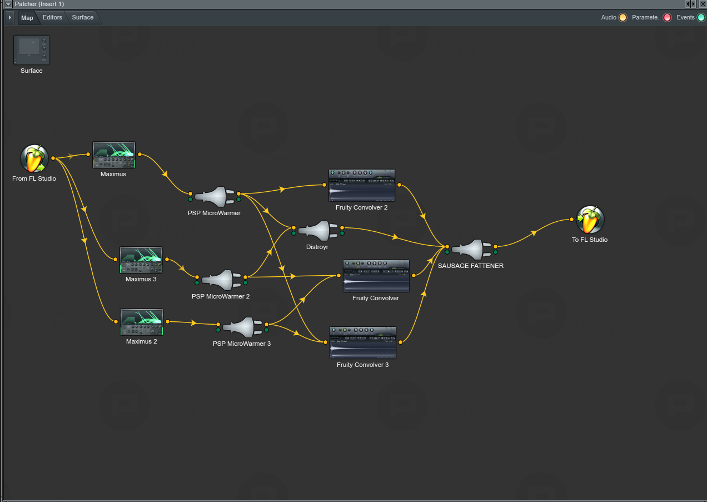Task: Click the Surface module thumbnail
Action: click(x=32, y=50)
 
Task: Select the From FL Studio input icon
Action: click(x=34, y=158)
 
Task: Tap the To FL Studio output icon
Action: click(x=590, y=220)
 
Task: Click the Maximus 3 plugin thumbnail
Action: click(x=141, y=260)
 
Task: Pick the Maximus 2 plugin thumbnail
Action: click(x=142, y=322)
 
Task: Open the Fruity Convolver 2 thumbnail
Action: click(x=362, y=185)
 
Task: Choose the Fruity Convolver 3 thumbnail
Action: click(x=363, y=342)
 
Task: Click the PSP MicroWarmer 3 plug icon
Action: click(x=242, y=327)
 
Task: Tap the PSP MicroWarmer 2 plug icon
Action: click(x=221, y=280)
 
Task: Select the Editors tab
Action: click(x=52, y=17)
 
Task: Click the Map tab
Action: click(x=27, y=18)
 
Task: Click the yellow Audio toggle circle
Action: click(x=623, y=18)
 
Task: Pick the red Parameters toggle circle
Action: click(x=667, y=18)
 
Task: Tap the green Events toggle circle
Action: click(x=701, y=18)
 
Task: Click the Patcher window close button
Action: click(x=703, y=4)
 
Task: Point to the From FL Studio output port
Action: click(x=53, y=158)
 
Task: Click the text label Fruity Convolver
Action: click(x=376, y=298)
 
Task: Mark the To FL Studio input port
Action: click(x=572, y=220)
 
